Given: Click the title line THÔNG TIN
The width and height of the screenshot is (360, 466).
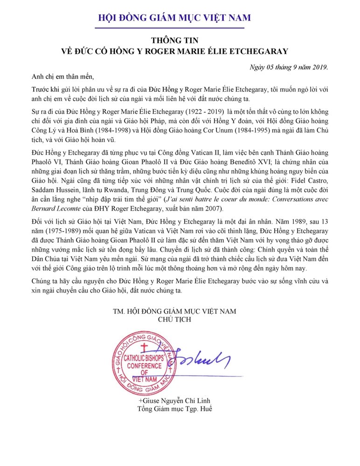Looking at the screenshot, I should tap(180, 41).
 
